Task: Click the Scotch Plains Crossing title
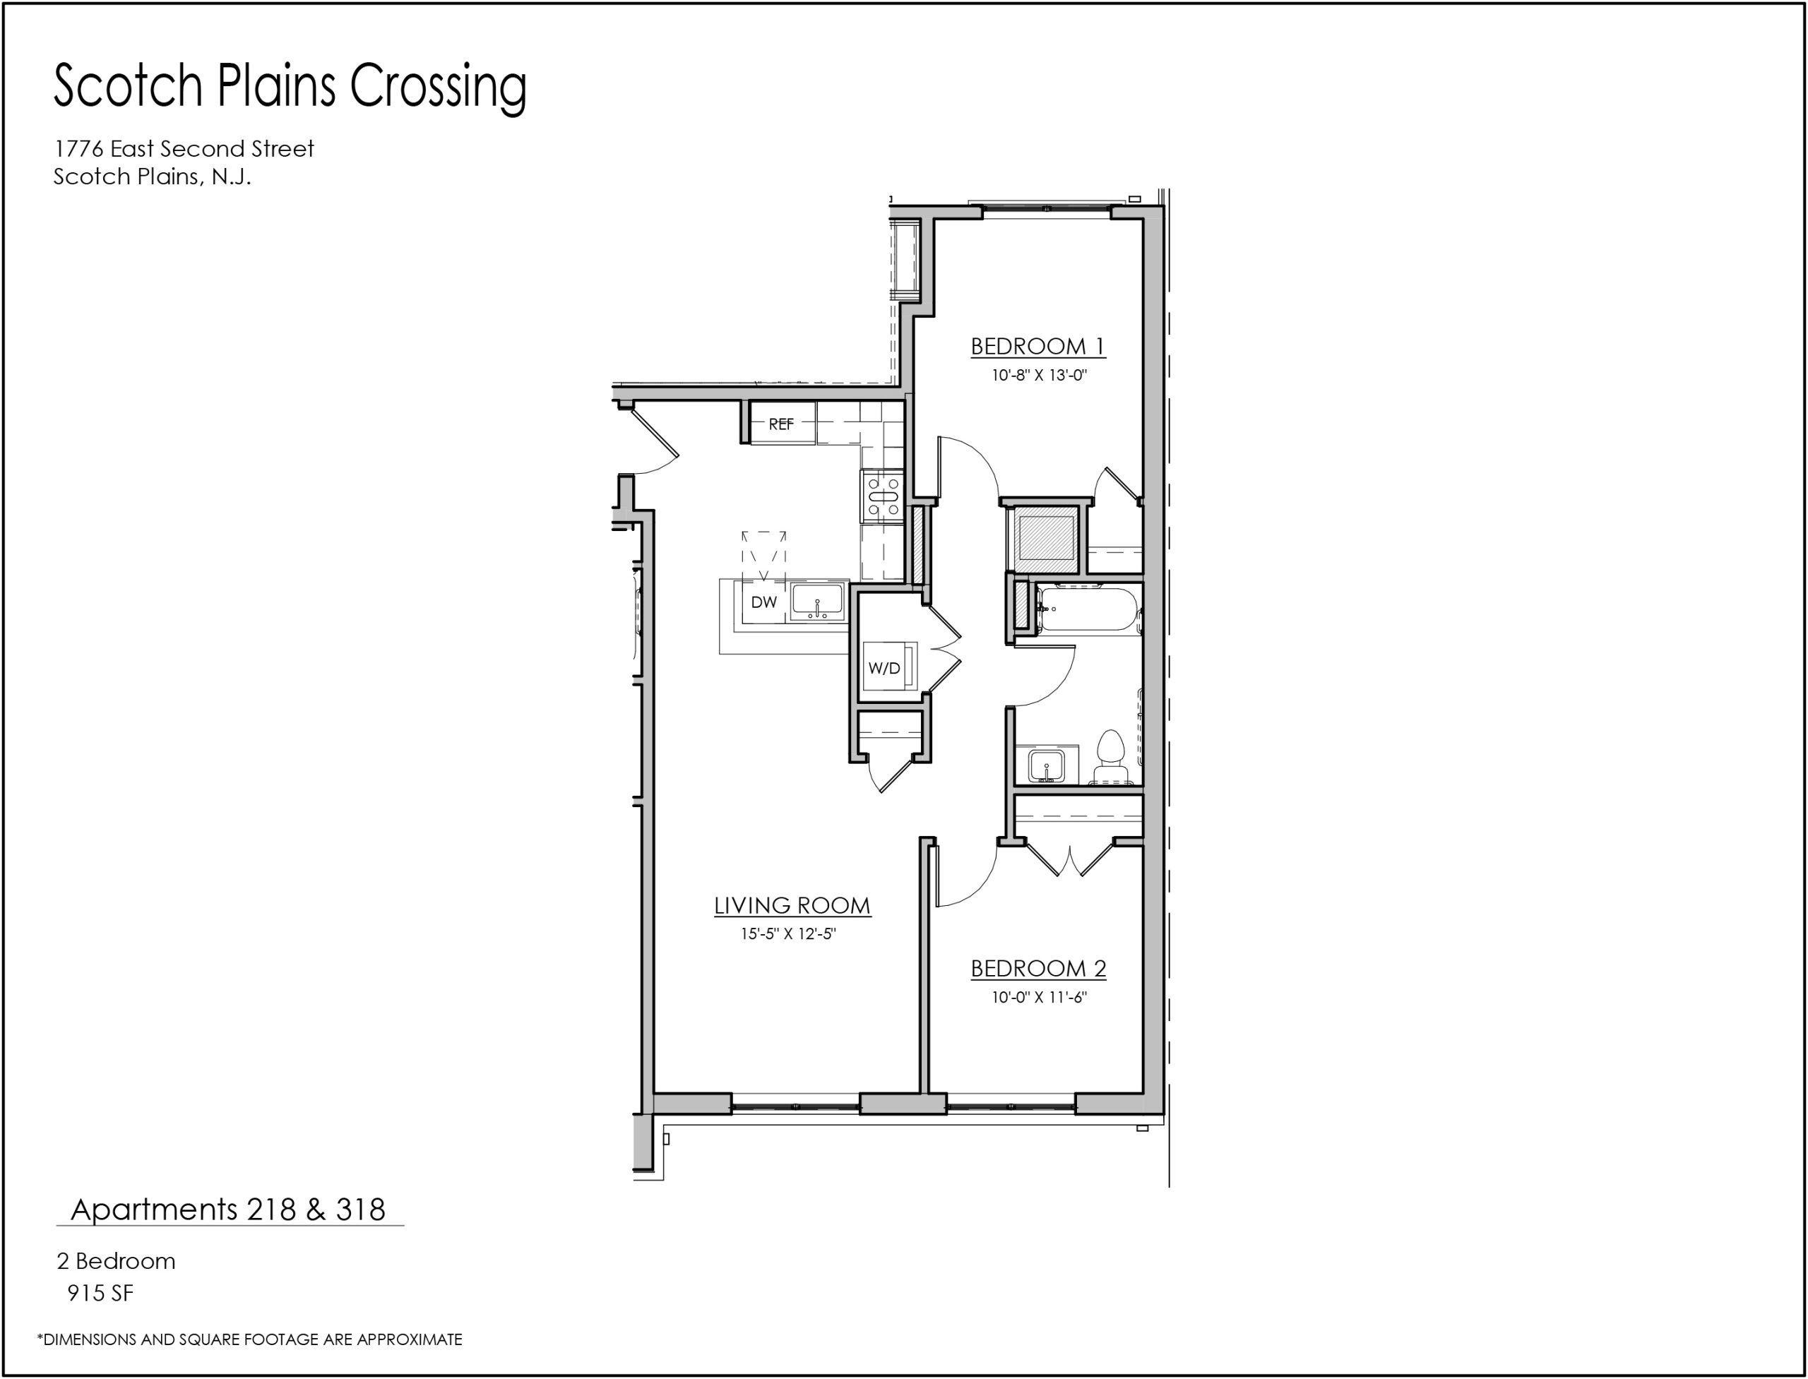pyautogui.click(x=290, y=87)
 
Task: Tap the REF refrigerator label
pyautogui.click(x=781, y=424)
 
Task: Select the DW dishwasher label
pyautogui.click(x=763, y=602)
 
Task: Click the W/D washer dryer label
pyautogui.click(x=884, y=668)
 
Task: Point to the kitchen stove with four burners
pyautogui.click(x=883, y=496)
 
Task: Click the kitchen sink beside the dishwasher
pyautogui.click(x=818, y=602)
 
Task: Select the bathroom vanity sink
pyautogui.click(x=1047, y=765)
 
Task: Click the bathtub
pyautogui.click(x=1087, y=608)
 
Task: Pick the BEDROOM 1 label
pyautogui.click(x=1039, y=347)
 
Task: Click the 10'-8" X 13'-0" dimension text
pyautogui.click(x=1040, y=376)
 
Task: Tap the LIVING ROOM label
pyautogui.click(x=792, y=905)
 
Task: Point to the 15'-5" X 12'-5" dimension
pyautogui.click(x=788, y=934)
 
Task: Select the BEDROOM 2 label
pyautogui.click(x=1039, y=969)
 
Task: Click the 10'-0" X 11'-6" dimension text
pyautogui.click(x=1040, y=997)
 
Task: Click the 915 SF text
pyautogui.click(x=100, y=1294)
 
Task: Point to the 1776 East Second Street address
pyautogui.click(x=184, y=148)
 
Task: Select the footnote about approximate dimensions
pyautogui.click(x=249, y=1339)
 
